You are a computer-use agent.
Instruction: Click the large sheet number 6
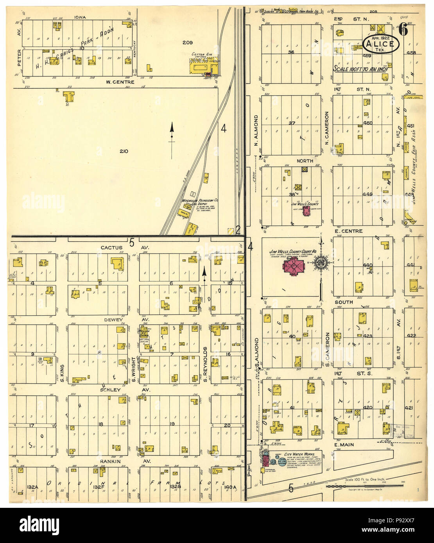click(x=404, y=29)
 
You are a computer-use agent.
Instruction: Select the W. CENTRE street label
click(x=120, y=82)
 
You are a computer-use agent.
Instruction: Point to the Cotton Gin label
click(x=202, y=55)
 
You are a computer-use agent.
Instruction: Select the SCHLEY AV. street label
click(x=118, y=390)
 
